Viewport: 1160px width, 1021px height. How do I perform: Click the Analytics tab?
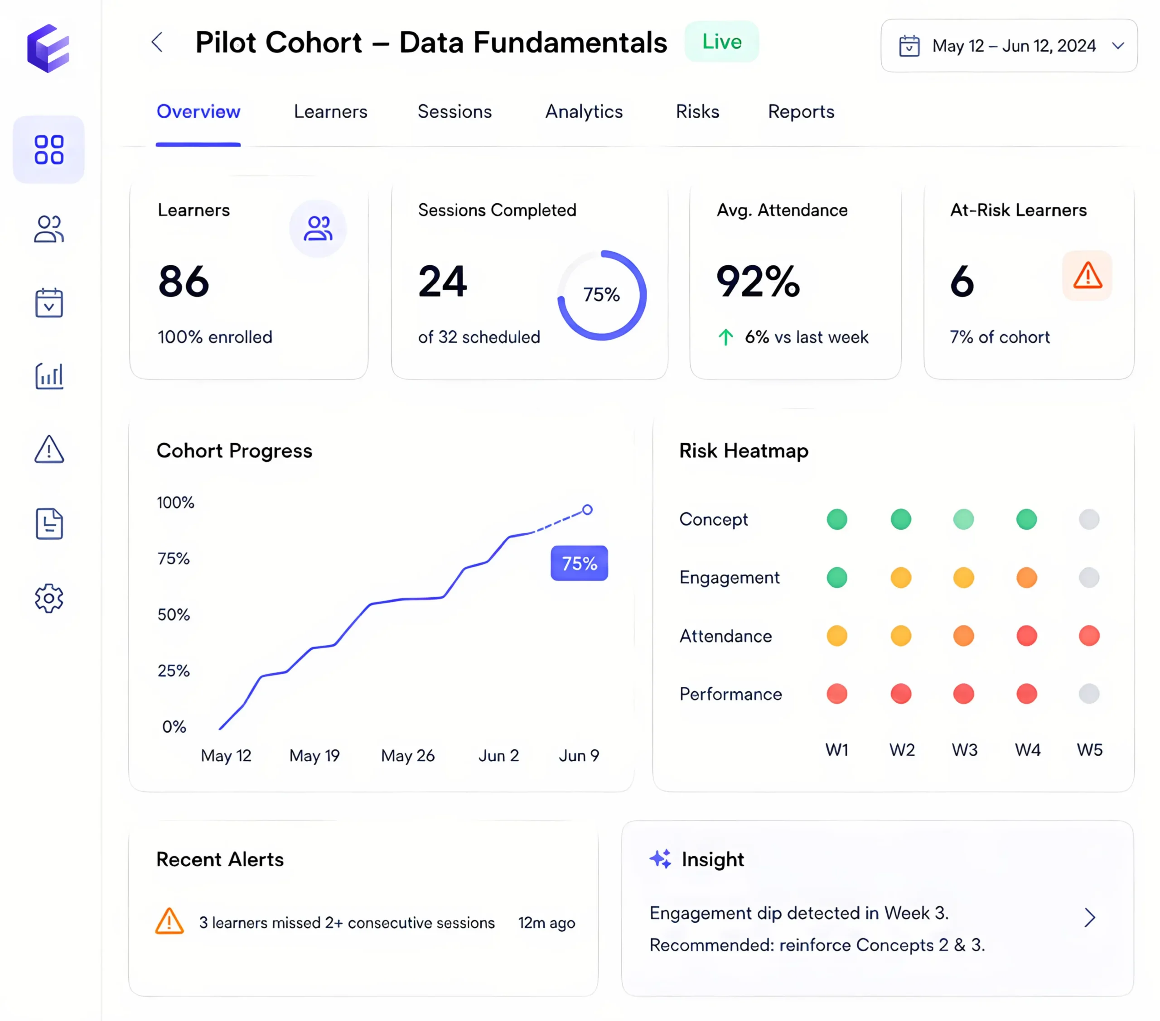click(x=584, y=112)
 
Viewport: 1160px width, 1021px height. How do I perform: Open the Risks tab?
click(x=697, y=112)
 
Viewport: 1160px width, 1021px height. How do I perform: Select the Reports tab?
click(x=801, y=112)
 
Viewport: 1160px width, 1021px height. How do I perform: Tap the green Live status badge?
click(x=722, y=42)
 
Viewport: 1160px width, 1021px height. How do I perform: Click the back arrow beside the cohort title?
click(x=157, y=42)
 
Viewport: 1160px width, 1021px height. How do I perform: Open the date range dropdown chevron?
click(x=1118, y=46)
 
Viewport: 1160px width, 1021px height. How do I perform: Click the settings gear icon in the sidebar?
click(x=49, y=599)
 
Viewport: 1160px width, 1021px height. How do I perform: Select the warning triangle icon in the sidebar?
click(x=49, y=449)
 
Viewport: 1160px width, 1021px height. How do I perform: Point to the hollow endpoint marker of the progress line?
click(x=587, y=510)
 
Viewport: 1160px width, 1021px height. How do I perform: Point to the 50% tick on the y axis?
click(x=174, y=615)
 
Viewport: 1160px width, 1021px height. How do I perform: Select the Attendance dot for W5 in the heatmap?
click(x=1089, y=636)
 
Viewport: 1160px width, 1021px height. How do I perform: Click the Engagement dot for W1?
click(x=837, y=577)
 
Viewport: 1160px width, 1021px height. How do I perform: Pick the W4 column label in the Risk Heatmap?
click(x=1028, y=750)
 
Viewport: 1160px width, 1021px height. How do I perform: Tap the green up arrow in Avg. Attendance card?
click(x=725, y=337)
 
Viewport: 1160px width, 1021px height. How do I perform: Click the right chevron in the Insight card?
click(x=1090, y=917)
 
